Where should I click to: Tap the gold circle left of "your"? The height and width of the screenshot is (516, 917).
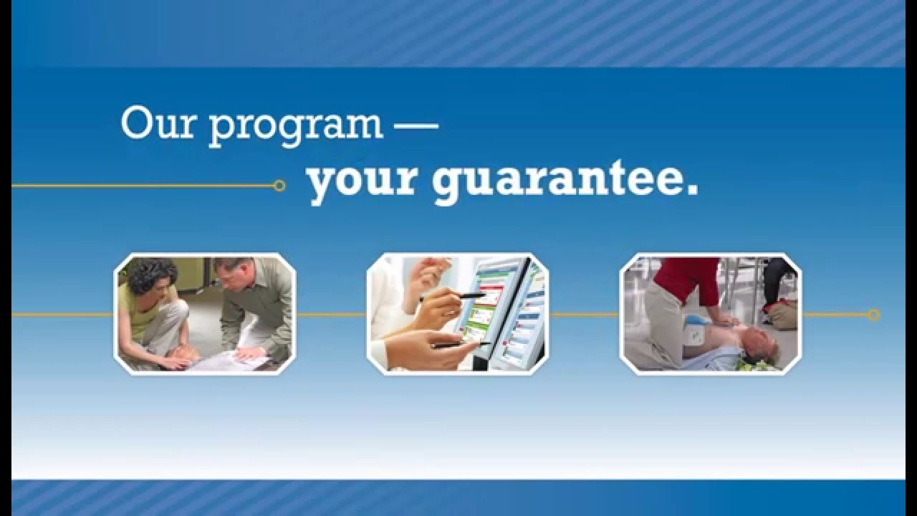click(x=279, y=186)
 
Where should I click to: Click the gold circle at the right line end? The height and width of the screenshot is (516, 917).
click(x=873, y=315)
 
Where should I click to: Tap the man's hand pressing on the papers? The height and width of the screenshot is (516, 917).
click(x=247, y=353)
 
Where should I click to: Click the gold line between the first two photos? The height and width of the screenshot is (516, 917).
click(x=331, y=315)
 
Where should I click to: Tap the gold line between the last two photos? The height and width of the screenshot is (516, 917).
click(x=584, y=315)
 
